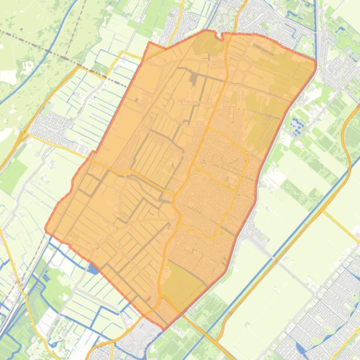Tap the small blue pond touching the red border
(x=93, y=269)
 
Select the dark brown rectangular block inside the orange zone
(x=194, y=79)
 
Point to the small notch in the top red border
(x=218, y=33)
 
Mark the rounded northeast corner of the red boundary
(x=315, y=63)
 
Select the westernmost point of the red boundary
(x=45, y=229)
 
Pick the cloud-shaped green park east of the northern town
(x=347, y=42)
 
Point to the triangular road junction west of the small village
(x=21, y=136)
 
